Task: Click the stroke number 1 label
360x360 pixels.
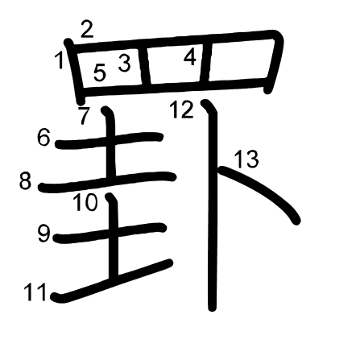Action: point(60,60)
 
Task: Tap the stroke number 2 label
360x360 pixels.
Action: point(87,29)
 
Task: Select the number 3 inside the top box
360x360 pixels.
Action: point(125,63)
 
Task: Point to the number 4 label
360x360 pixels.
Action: point(190,57)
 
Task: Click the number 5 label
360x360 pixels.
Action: point(100,72)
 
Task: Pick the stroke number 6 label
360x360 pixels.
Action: point(43,137)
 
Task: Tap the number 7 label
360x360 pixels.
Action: point(84,116)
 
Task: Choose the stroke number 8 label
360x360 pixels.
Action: point(25,180)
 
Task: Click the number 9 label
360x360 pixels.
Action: point(43,234)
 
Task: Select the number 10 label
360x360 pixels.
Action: point(85,202)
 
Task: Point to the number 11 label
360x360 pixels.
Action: point(35,292)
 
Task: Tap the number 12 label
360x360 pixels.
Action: point(182,110)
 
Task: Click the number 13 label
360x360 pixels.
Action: point(246,159)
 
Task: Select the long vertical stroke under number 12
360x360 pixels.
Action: point(212,205)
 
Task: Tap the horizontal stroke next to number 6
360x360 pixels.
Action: point(109,140)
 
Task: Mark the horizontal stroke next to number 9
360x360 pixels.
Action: point(110,233)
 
